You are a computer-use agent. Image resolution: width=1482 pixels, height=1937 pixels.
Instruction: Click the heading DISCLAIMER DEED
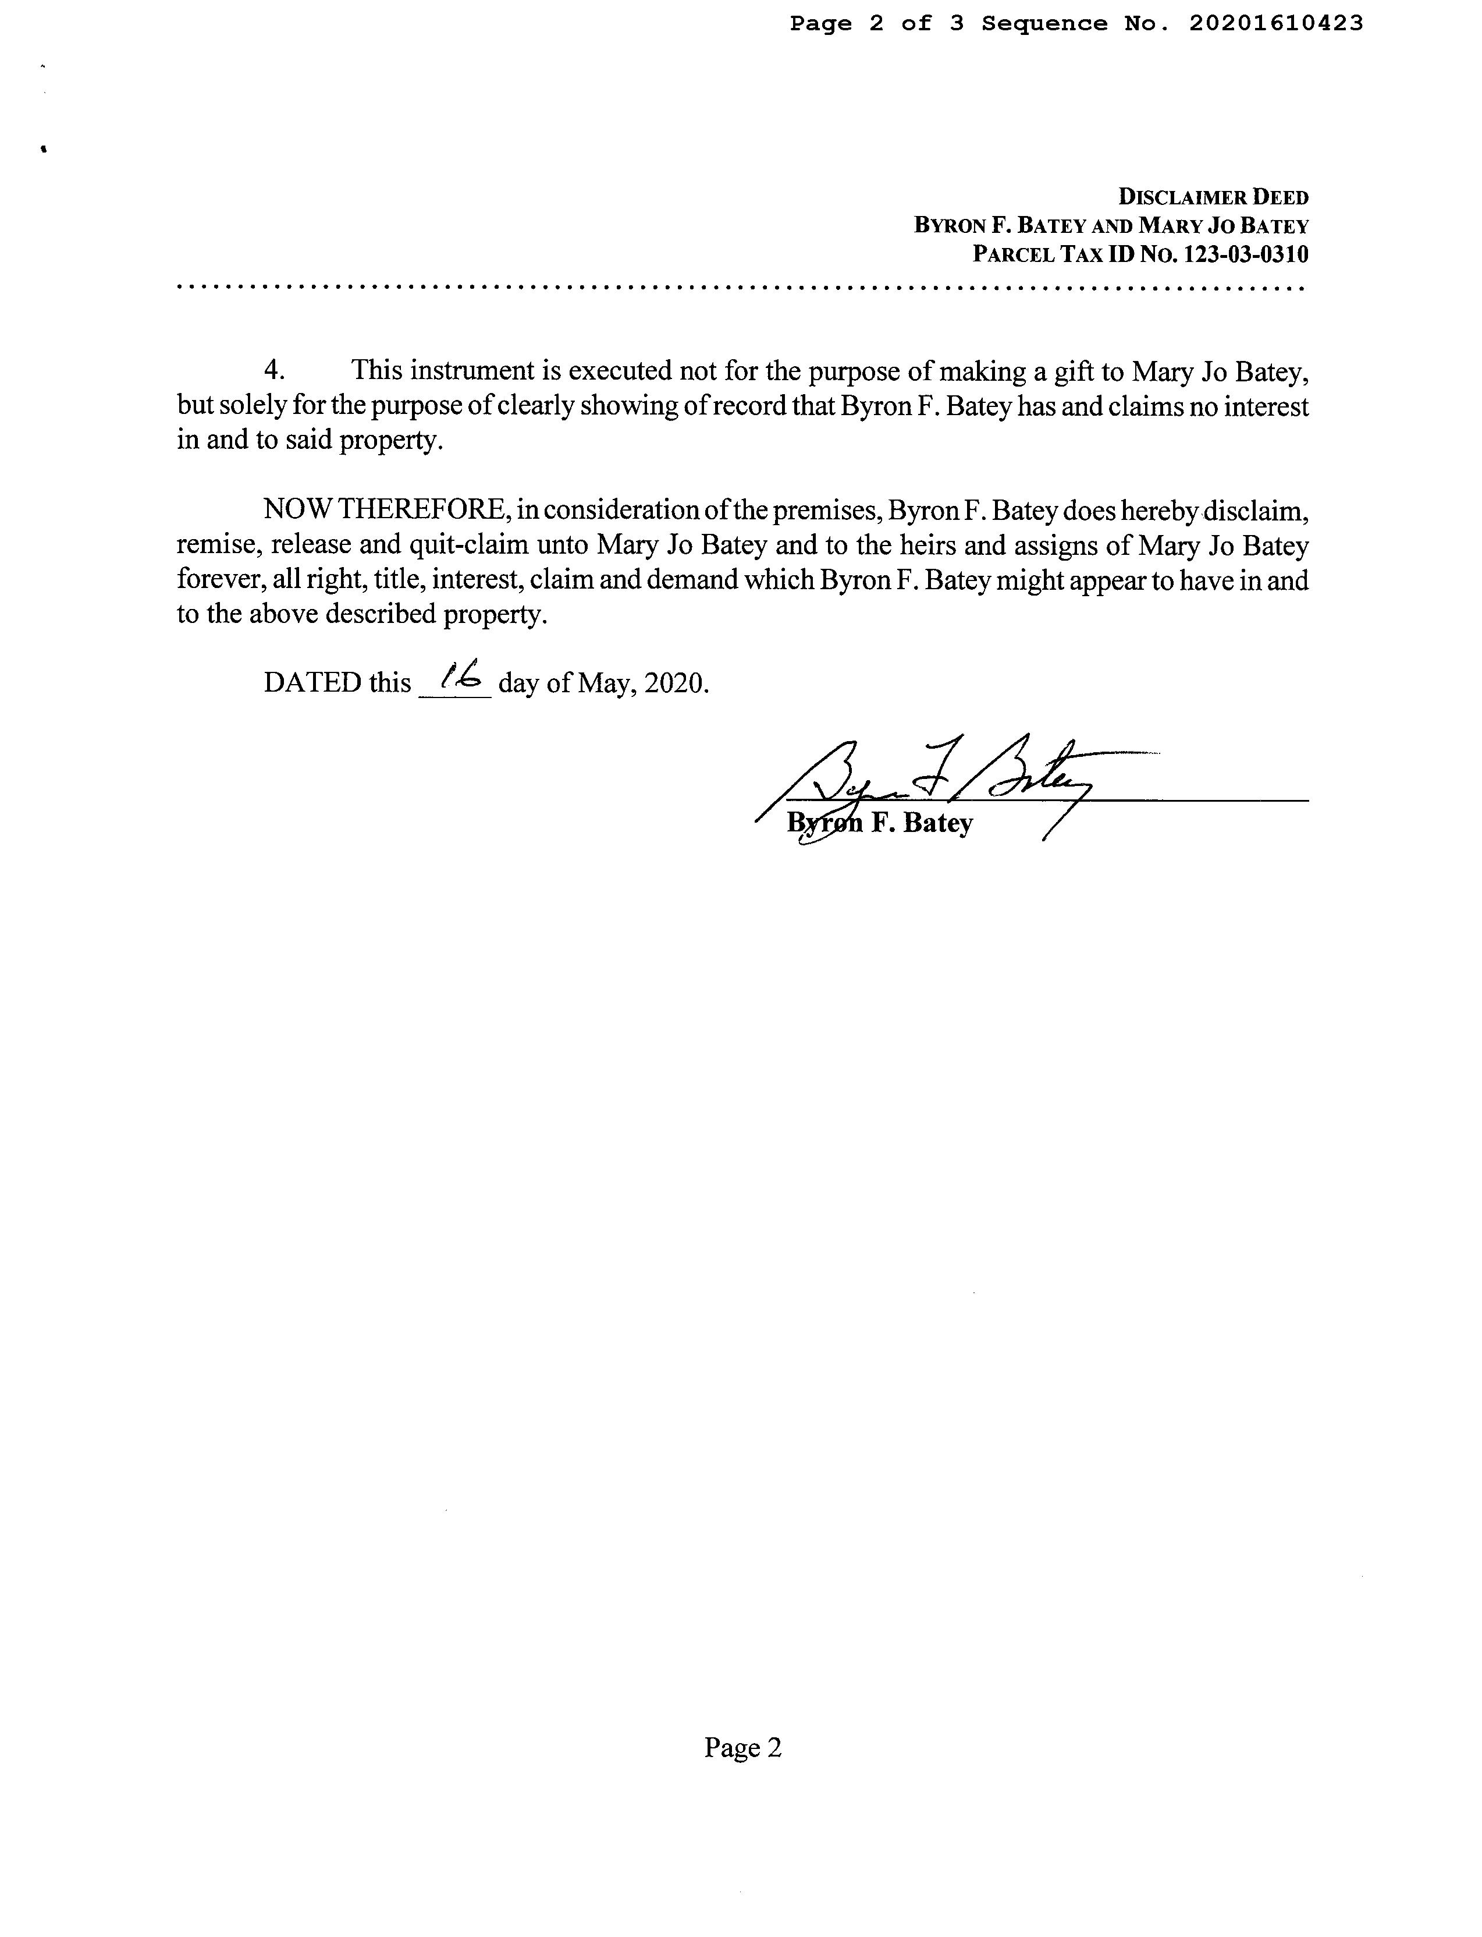click(x=1213, y=197)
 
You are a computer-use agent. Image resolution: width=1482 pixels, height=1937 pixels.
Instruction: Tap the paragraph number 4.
click(x=273, y=371)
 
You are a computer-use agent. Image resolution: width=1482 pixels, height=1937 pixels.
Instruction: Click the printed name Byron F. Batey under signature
click(x=880, y=823)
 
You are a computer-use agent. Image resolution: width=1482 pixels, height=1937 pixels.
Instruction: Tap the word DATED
click(x=312, y=683)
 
